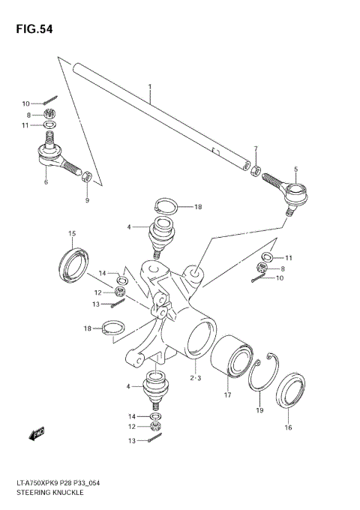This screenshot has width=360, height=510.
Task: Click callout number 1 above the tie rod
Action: [150, 87]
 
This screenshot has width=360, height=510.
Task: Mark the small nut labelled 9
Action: [86, 177]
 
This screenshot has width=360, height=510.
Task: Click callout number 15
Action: [72, 233]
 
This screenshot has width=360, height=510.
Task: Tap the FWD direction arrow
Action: [37, 433]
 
